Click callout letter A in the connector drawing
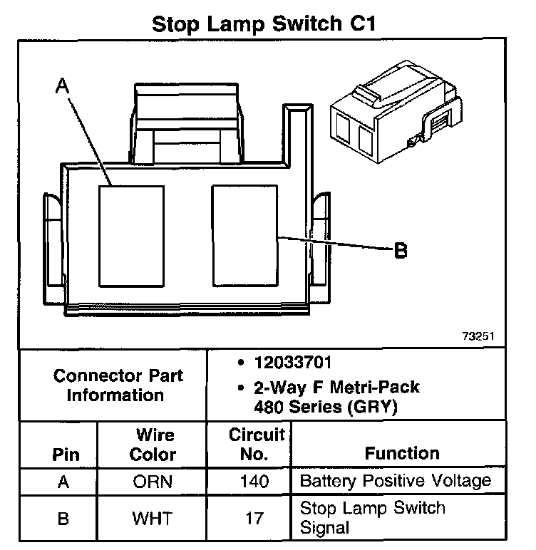pyautogui.click(x=63, y=85)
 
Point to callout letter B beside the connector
pyautogui.click(x=401, y=250)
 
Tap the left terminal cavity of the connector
pyautogui.click(x=131, y=235)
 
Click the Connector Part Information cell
pyautogui.click(x=118, y=385)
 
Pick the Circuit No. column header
pyautogui.click(x=256, y=444)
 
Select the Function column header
pyautogui.click(x=402, y=453)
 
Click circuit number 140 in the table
pyautogui.click(x=254, y=482)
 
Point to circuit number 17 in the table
pyautogui.click(x=254, y=518)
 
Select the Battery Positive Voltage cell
pyautogui.click(x=396, y=481)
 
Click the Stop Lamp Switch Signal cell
pyautogui.click(x=373, y=518)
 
